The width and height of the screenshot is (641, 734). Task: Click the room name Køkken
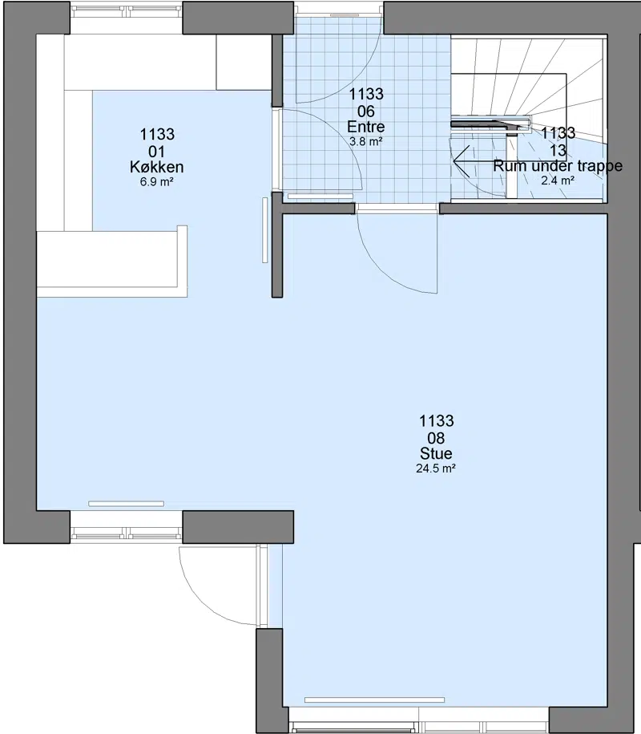coord(156,167)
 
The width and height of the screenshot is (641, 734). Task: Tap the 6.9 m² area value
coord(156,181)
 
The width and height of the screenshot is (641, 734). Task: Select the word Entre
coord(366,127)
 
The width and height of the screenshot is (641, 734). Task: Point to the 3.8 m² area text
coord(366,141)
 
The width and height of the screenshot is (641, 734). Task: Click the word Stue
coord(436,453)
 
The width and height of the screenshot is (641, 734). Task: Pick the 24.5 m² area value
coord(436,468)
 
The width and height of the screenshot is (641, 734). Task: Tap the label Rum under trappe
coord(558,166)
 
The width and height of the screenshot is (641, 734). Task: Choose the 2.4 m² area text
coord(558,180)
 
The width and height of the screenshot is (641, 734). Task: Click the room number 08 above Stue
coord(436,438)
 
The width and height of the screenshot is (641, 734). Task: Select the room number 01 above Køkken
coord(156,152)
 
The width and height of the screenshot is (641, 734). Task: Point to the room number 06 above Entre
coord(366,112)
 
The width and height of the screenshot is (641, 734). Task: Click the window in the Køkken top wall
coord(127,9)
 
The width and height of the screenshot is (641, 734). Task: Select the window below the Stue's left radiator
coord(127,533)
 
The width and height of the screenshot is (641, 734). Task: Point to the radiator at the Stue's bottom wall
coord(374,700)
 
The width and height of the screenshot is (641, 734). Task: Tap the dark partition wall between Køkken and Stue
coord(277,245)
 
